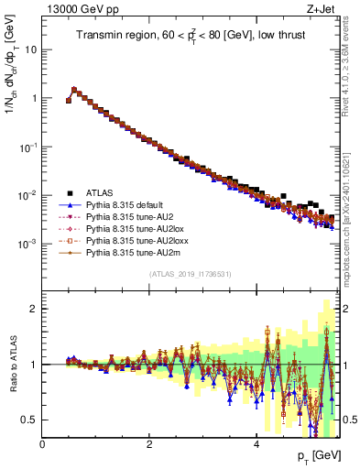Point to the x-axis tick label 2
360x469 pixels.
pyautogui.click(x=150, y=442)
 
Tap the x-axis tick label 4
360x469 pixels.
pyautogui.click(x=257, y=442)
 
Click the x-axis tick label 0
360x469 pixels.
pyautogui.click(x=43, y=442)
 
